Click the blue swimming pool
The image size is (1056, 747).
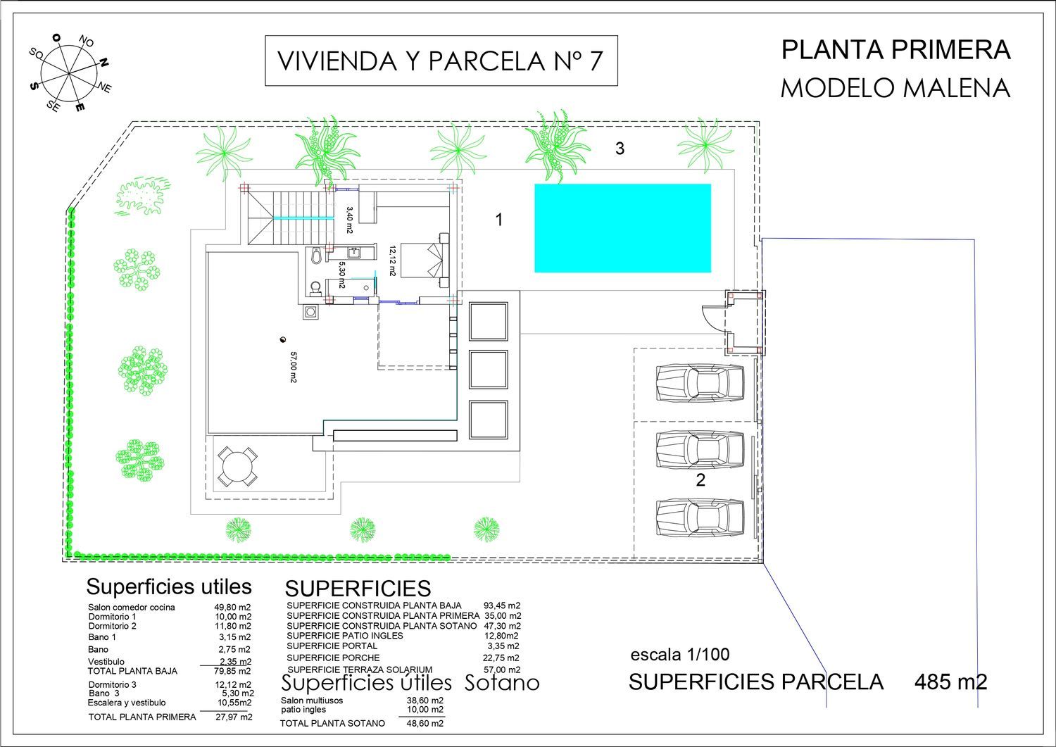tap(622, 228)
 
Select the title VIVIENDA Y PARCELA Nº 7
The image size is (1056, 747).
tap(441, 61)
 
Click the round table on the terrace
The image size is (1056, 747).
tap(238, 467)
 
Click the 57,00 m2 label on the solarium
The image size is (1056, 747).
tap(294, 367)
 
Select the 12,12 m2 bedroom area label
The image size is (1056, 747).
tap(392, 260)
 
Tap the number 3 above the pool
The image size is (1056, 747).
tap(620, 149)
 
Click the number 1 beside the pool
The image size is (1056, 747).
tap(499, 219)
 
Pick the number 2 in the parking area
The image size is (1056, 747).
tap(700, 480)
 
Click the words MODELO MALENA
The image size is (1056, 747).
tap(895, 88)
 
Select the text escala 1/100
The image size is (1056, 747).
tap(680, 655)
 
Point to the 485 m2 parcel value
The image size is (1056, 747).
tap(951, 682)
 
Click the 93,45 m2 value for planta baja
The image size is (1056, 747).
tap(502, 605)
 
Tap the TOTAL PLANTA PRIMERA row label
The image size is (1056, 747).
tap(142, 717)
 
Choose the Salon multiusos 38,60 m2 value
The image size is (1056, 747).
tap(425, 701)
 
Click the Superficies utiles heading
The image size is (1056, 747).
tap(169, 587)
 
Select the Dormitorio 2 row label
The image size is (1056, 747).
tap(112, 627)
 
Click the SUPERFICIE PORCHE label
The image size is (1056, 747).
tap(333, 658)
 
